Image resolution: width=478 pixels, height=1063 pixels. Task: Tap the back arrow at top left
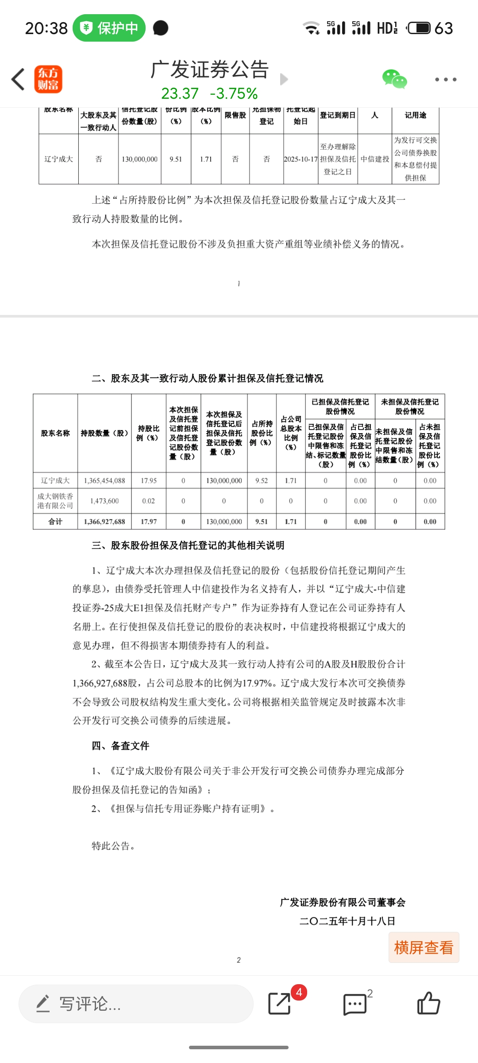18,80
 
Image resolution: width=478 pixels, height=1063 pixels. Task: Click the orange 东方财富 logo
48,80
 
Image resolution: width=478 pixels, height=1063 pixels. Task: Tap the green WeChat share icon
394,79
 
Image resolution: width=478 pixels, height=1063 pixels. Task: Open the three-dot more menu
445,80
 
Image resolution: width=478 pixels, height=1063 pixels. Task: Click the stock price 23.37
180,93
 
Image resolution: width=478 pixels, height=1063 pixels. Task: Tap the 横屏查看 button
424,947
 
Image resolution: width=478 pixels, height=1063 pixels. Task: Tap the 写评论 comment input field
135,1004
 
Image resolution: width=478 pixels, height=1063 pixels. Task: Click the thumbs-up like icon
428,1003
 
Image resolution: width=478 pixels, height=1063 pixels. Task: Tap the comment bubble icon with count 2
355,1004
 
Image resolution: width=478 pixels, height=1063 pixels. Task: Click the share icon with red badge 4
280,1003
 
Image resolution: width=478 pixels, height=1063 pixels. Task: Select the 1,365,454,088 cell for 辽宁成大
104,481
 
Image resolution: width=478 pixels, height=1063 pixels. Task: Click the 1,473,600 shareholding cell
104,501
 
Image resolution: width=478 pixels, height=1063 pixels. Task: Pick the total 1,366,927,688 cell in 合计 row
104,522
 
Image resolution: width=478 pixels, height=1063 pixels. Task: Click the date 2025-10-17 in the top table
301,159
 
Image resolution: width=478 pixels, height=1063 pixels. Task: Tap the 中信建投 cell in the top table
374,159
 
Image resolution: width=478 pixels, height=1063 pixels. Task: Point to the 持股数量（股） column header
104,433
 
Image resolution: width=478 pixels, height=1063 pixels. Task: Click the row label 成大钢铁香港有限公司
55,501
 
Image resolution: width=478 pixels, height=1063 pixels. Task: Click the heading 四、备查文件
120,746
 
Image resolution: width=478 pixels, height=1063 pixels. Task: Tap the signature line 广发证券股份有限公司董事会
343,902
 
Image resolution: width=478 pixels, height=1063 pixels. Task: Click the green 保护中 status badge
109,28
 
